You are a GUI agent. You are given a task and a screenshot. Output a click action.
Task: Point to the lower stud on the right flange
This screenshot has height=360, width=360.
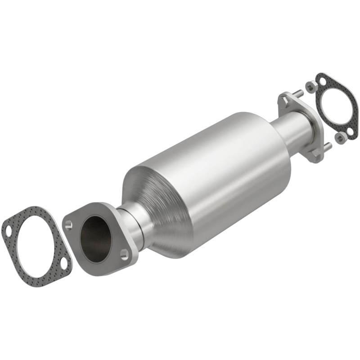(x=327, y=146)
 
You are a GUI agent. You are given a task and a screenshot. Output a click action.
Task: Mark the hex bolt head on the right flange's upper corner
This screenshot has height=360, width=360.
(x=283, y=99)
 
